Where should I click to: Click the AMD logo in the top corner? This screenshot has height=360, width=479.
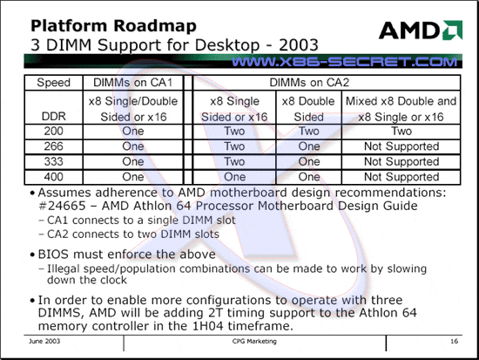(421, 31)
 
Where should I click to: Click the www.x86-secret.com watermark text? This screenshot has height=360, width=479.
(345, 62)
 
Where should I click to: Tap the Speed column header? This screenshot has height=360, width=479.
(53, 83)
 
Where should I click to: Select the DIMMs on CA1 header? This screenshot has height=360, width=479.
(133, 83)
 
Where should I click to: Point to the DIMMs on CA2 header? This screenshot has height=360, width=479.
(309, 83)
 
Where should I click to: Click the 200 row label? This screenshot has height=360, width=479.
(53, 132)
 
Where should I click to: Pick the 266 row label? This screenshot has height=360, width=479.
(53, 146)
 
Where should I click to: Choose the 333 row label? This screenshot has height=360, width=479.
(53, 162)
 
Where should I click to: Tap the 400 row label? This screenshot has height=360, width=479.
(53, 177)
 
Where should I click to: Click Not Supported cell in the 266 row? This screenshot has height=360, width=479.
(401, 146)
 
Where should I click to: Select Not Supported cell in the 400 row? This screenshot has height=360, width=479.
(401, 177)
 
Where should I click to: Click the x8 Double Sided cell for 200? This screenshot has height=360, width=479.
(309, 132)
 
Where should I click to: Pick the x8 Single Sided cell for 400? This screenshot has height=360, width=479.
(234, 177)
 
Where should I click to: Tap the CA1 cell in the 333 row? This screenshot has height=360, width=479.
(133, 162)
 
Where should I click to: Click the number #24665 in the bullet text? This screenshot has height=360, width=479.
(62, 206)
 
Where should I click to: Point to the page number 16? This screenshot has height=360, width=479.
(455, 341)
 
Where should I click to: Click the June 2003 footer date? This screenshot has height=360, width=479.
(44, 341)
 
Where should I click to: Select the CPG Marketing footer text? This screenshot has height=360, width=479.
(254, 341)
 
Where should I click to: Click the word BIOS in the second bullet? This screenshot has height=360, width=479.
(54, 255)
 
